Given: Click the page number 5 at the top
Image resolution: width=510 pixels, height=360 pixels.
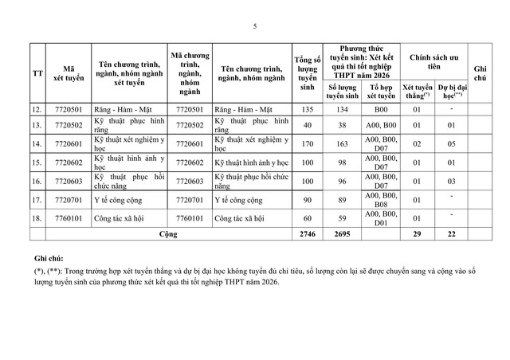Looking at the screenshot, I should (x=254, y=27).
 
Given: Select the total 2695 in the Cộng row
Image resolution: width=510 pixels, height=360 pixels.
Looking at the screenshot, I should (x=343, y=235).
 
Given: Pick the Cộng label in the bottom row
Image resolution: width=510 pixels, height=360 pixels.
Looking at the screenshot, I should (x=169, y=235).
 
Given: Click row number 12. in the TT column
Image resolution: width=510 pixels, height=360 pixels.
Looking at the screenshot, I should (x=37, y=108).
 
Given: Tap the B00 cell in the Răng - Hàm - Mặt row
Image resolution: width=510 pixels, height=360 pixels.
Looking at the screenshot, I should (x=381, y=108).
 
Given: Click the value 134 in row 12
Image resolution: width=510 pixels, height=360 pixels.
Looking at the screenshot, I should (x=343, y=108).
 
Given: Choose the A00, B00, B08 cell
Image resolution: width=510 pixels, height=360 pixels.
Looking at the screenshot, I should (x=381, y=199).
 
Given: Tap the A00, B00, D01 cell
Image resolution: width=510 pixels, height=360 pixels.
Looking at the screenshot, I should (x=381, y=217).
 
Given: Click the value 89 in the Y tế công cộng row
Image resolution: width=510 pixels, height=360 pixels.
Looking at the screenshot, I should (x=343, y=199).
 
